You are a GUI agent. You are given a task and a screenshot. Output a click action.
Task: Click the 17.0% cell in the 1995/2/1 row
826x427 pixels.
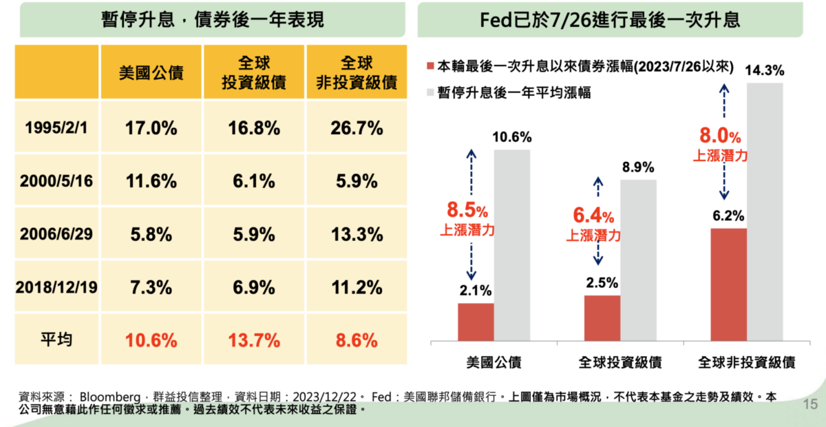click(151, 128)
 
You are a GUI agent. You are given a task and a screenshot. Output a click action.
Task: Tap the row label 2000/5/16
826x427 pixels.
click(57, 181)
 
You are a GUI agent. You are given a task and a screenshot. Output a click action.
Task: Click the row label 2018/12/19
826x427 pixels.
click(57, 287)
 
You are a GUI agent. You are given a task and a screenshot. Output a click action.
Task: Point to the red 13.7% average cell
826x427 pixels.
click(254, 340)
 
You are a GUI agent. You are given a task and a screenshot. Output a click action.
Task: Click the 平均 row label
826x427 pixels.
click(57, 340)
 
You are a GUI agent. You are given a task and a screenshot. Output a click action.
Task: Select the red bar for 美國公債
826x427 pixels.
click(476, 322)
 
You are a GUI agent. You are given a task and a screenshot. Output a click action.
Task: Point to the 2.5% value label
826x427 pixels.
click(602, 283)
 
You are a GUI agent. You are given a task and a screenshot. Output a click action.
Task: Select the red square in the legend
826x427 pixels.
click(432, 67)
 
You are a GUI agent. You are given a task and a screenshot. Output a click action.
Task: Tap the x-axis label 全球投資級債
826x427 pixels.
click(620, 362)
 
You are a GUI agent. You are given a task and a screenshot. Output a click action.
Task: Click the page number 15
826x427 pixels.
click(809, 404)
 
